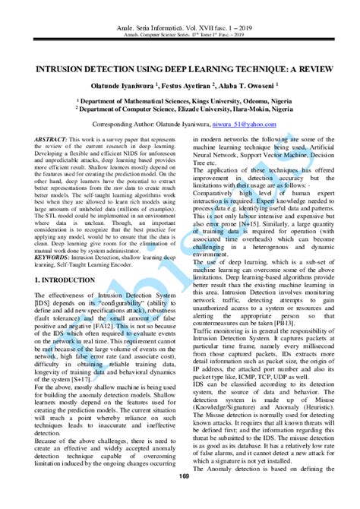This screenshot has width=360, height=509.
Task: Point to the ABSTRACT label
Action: click(x=52, y=140)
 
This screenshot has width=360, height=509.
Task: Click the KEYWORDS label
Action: click(x=54, y=236)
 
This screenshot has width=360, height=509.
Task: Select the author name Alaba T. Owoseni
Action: click(x=254, y=86)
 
